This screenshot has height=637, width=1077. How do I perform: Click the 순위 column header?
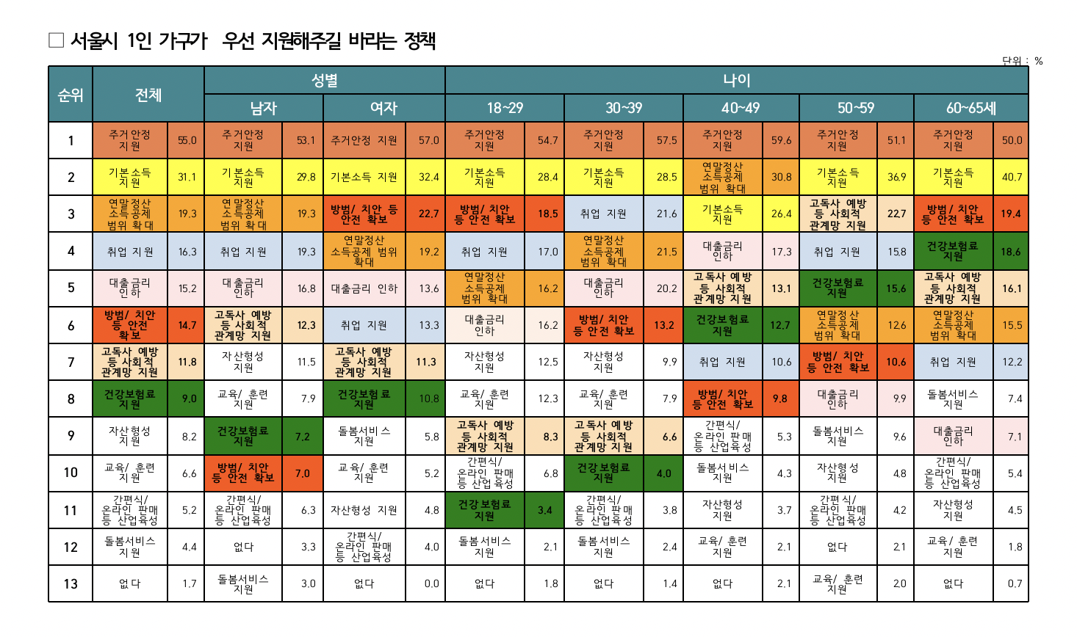click(x=71, y=95)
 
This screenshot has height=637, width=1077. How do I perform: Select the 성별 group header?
click(x=325, y=81)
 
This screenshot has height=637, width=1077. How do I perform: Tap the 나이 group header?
click(x=736, y=81)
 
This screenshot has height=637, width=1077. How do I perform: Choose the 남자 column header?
click(x=264, y=109)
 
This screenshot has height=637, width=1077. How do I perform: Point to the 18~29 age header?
click(x=505, y=109)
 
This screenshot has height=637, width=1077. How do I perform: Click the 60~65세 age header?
click(x=970, y=109)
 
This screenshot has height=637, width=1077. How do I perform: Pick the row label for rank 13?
click(x=71, y=584)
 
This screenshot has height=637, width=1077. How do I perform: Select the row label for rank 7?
click(x=71, y=362)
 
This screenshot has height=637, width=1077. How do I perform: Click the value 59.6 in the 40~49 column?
click(x=781, y=140)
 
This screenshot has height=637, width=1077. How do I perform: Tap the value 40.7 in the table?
click(x=1012, y=177)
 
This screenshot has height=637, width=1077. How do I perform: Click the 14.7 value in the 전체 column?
click(x=187, y=325)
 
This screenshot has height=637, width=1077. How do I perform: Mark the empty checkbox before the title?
click(x=57, y=40)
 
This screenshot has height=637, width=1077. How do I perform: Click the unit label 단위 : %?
click(x=1022, y=61)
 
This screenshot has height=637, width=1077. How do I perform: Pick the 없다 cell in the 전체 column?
click(x=130, y=584)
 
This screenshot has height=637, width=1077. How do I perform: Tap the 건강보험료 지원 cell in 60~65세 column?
click(x=953, y=252)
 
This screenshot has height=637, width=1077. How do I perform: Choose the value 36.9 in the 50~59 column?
click(x=896, y=177)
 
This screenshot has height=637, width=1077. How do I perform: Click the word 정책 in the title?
click(x=419, y=40)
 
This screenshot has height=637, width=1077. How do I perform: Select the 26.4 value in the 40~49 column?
click(x=781, y=214)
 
